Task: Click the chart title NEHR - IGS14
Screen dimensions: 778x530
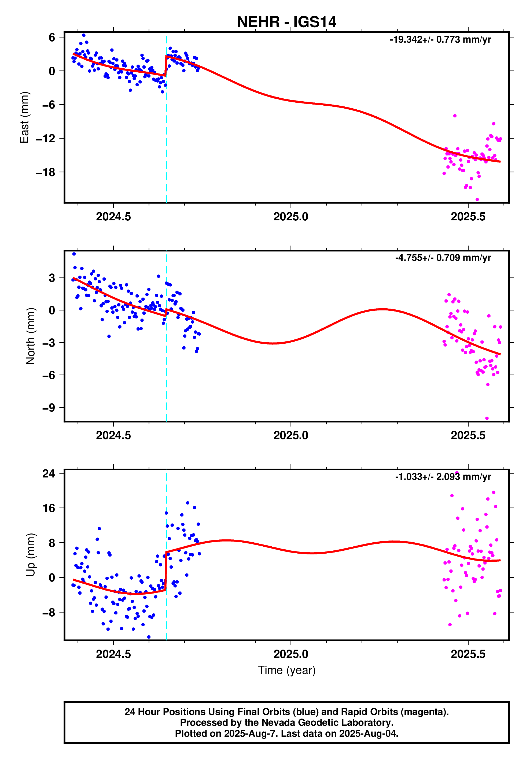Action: [x=286, y=22]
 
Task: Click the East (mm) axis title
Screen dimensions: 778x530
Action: [x=24, y=117]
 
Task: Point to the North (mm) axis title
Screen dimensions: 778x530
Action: [x=31, y=336]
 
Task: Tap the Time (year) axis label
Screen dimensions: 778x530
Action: [x=286, y=670]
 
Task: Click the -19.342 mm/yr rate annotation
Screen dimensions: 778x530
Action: [x=440, y=39]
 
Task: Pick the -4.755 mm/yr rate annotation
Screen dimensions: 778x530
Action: [x=443, y=258]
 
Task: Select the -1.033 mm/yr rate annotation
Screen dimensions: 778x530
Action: [x=443, y=477]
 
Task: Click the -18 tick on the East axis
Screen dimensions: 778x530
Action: [x=45, y=172]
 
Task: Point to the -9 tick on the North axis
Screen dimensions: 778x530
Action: [x=48, y=408]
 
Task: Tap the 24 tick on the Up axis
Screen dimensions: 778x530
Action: [x=49, y=473]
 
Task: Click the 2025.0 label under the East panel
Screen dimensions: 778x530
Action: [x=290, y=217]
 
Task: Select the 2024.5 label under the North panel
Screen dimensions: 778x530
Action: [x=113, y=435]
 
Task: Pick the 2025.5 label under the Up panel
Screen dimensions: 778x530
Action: [x=468, y=654]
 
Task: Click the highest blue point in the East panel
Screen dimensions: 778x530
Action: [x=84, y=35]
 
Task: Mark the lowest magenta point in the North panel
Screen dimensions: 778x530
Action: [x=487, y=418]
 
